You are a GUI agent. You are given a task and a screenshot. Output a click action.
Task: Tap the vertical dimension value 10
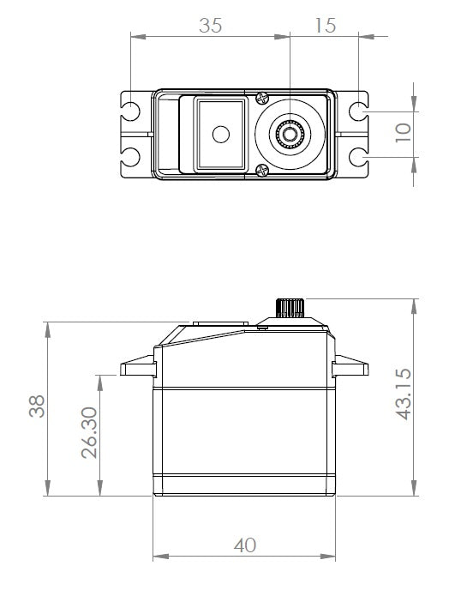(x=403, y=133)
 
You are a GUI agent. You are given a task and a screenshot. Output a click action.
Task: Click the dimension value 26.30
(x=89, y=433)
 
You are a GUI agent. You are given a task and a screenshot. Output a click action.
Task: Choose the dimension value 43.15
(x=404, y=393)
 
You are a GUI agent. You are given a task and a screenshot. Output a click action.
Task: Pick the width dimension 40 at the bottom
(x=244, y=545)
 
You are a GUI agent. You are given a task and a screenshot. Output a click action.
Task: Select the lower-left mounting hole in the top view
(x=131, y=156)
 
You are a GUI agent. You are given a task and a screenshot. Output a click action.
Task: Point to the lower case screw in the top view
(x=261, y=171)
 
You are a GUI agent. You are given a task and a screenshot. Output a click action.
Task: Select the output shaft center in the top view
(x=290, y=134)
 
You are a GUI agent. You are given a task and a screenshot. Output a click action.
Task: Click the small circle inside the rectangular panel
(x=221, y=134)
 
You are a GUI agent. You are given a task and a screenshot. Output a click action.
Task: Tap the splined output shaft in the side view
(x=290, y=307)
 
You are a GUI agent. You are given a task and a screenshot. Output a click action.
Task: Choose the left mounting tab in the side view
(x=138, y=368)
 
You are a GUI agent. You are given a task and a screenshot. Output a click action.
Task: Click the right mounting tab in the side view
(x=351, y=368)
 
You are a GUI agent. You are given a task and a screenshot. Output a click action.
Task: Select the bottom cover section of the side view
(x=244, y=484)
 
